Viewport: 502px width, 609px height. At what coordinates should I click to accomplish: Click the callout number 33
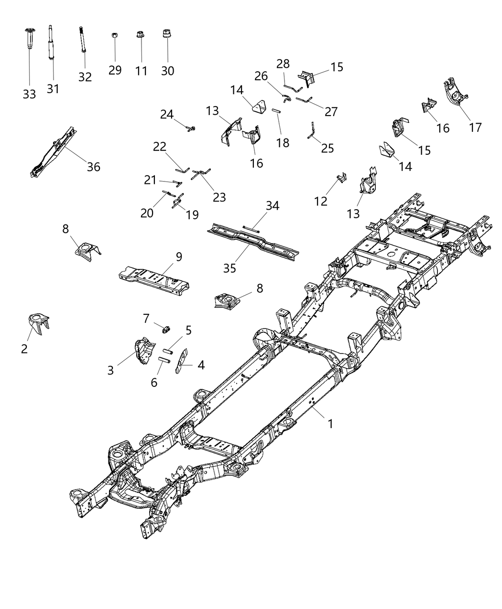pyautogui.click(x=29, y=94)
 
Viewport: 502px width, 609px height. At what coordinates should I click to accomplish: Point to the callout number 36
pyautogui.click(x=94, y=167)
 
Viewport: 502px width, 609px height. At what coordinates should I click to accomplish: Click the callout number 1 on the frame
pyautogui.click(x=330, y=423)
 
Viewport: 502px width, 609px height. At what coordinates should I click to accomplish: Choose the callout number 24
pyautogui.click(x=166, y=115)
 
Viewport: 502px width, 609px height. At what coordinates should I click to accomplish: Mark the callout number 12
pyautogui.click(x=321, y=201)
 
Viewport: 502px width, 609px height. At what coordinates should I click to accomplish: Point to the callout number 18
pyautogui.click(x=283, y=142)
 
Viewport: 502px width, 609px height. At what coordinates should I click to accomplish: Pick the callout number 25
pyautogui.click(x=327, y=148)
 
